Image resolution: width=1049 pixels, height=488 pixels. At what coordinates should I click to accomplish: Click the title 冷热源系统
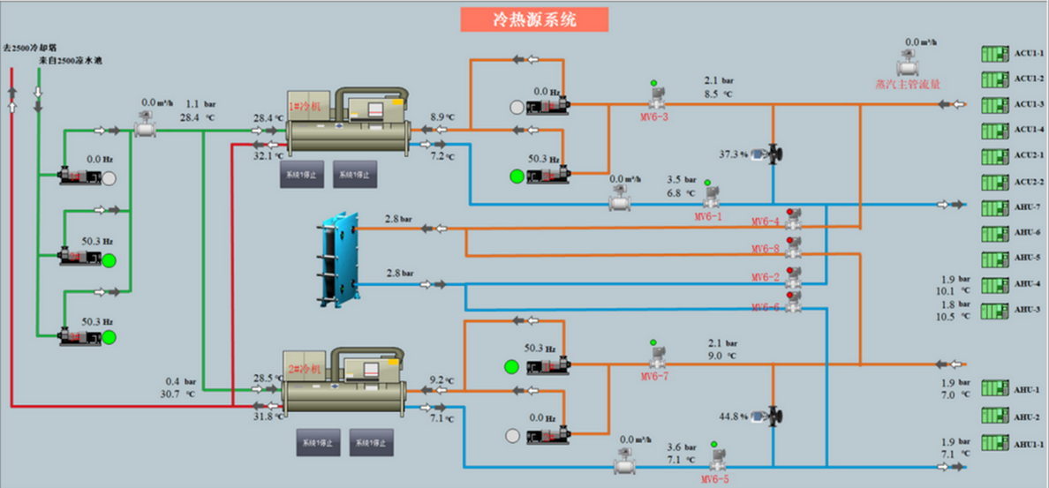tap(534, 19)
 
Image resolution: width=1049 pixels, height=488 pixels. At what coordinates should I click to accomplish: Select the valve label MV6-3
tap(654, 116)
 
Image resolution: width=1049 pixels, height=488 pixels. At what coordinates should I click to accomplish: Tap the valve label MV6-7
tap(655, 377)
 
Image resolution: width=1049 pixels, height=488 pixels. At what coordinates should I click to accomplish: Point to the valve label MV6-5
tap(715, 479)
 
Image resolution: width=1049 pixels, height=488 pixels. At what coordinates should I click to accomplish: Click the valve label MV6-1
tap(707, 216)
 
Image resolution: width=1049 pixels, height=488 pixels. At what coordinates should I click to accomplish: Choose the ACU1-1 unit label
tap(1029, 54)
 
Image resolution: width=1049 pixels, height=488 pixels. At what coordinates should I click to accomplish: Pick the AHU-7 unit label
tap(1027, 206)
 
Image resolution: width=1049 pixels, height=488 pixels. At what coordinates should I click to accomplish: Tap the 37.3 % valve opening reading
tap(733, 154)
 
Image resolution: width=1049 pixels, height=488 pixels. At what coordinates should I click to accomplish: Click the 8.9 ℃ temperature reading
tap(442, 116)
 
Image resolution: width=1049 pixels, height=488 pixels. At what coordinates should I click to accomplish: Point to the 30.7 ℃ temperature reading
tap(176, 394)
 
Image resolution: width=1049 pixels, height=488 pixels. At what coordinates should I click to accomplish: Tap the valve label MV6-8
tap(766, 249)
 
